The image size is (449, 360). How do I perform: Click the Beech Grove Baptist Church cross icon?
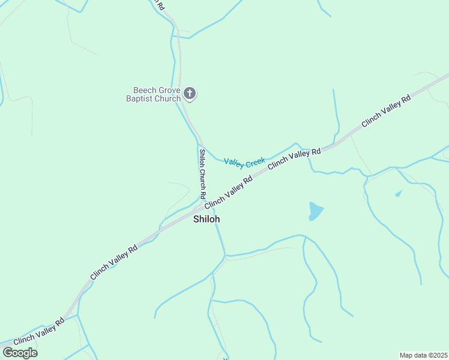[x=190, y=93]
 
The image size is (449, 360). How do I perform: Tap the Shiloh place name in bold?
[x=206, y=219]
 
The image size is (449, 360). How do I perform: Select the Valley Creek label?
[x=244, y=161]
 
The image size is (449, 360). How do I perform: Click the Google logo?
[x=20, y=353]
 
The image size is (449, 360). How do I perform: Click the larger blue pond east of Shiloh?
[x=315, y=211]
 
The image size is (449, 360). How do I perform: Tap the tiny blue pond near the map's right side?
[x=399, y=193]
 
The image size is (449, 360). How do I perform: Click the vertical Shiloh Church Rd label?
[x=203, y=173]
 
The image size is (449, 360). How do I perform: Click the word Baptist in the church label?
[x=140, y=98]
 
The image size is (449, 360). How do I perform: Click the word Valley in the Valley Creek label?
[x=234, y=162]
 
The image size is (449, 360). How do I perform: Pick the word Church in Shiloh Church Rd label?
[x=203, y=178]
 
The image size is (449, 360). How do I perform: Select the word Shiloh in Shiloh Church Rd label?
[x=203, y=157]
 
